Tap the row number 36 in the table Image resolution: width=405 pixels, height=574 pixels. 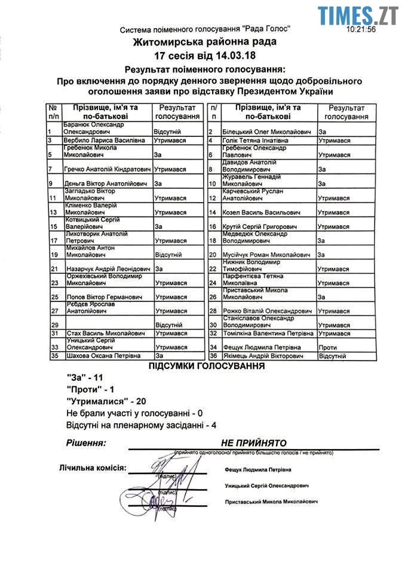(212, 356)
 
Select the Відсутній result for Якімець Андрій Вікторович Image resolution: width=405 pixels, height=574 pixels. (333, 356)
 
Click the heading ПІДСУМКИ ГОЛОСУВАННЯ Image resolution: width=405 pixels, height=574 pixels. (207, 367)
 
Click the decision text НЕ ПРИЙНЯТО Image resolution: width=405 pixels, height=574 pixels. (254, 444)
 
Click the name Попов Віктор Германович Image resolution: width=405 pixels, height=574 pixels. (95, 297)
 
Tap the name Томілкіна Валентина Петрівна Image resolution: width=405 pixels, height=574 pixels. (268, 333)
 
